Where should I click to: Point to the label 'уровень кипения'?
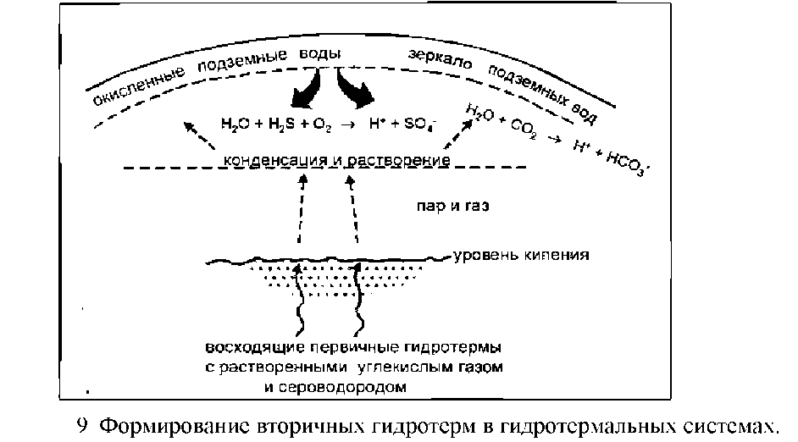click(521, 254)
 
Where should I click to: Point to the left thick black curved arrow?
click(307, 89)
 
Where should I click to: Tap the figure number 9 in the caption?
click(81, 425)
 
